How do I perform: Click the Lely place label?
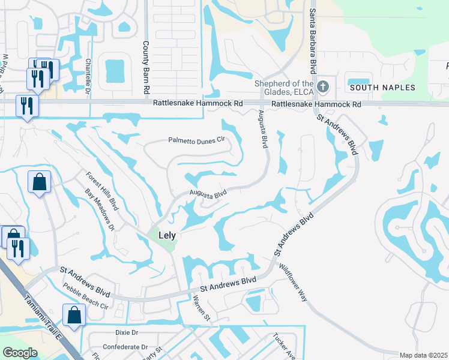coord(167,236)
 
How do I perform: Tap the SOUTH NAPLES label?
coord(382,88)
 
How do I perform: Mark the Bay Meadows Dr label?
coord(99,210)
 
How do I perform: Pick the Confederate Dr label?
coord(125,347)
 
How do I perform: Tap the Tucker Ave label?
coord(284,346)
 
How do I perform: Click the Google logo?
coord(20,353)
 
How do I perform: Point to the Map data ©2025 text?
coord(423,355)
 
